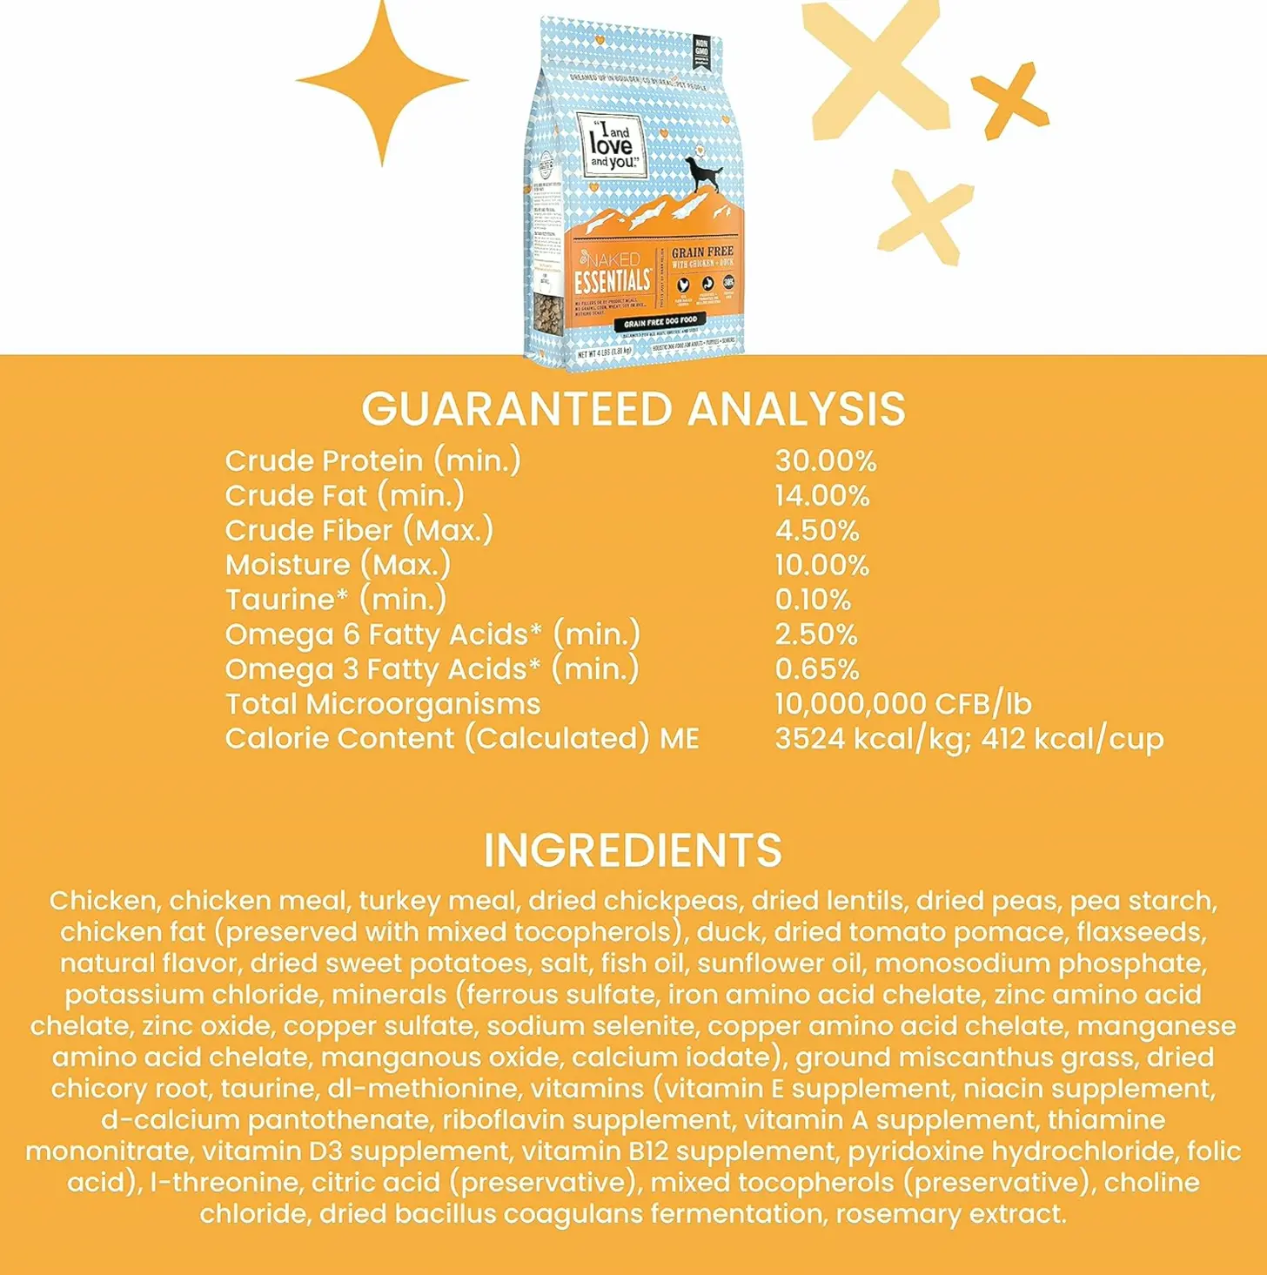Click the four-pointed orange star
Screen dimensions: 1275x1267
coord(382,82)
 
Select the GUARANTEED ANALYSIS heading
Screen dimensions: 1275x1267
coord(633,409)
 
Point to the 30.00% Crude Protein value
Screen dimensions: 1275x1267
coord(826,460)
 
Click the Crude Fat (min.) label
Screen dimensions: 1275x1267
coord(345,495)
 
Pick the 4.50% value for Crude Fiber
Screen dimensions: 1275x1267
coord(817,530)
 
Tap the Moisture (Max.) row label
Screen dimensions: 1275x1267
coord(338,565)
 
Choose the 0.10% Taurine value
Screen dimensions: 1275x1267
coord(813,600)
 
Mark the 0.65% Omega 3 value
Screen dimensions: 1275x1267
coord(817,669)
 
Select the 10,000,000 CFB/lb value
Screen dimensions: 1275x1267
coord(903,703)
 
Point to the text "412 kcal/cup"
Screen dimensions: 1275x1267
coord(1072,739)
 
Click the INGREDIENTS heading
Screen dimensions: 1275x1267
coord(633,850)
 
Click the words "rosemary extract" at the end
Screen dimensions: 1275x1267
coord(950,1214)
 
